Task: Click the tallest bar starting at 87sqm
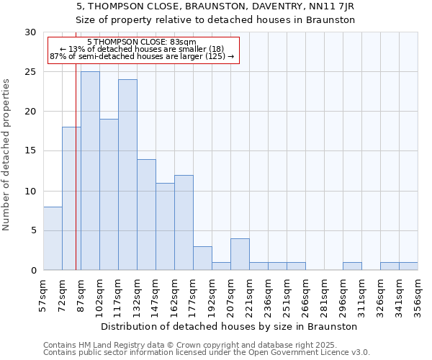coord(90,171)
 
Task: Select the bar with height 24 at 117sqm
coord(127,174)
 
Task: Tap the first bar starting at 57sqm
coord(53,238)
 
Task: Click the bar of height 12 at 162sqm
coord(184,222)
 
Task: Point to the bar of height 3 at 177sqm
coord(202,258)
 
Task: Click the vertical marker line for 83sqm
coord(76,180)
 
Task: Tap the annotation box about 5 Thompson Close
coord(143,49)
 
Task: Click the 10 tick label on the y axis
coord(30,191)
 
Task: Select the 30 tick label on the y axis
coord(30,32)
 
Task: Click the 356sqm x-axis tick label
coord(418,296)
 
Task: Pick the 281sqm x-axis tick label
coord(324,296)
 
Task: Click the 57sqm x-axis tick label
coord(43,296)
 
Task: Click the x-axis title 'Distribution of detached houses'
coord(230,326)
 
